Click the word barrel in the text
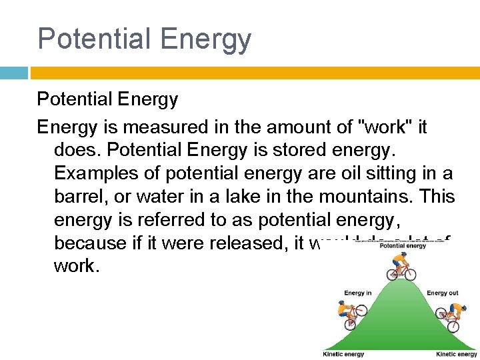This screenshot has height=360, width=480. (x=79, y=196)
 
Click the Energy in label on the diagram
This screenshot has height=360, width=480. (x=357, y=293)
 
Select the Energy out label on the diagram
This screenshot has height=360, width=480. (x=443, y=293)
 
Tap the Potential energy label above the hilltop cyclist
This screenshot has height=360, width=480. (x=403, y=246)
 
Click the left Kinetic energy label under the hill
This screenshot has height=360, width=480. (x=343, y=354)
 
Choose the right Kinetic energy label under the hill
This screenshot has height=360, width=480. (x=457, y=354)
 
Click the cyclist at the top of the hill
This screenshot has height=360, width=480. (x=401, y=266)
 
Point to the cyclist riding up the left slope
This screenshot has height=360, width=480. (x=351, y=315)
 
